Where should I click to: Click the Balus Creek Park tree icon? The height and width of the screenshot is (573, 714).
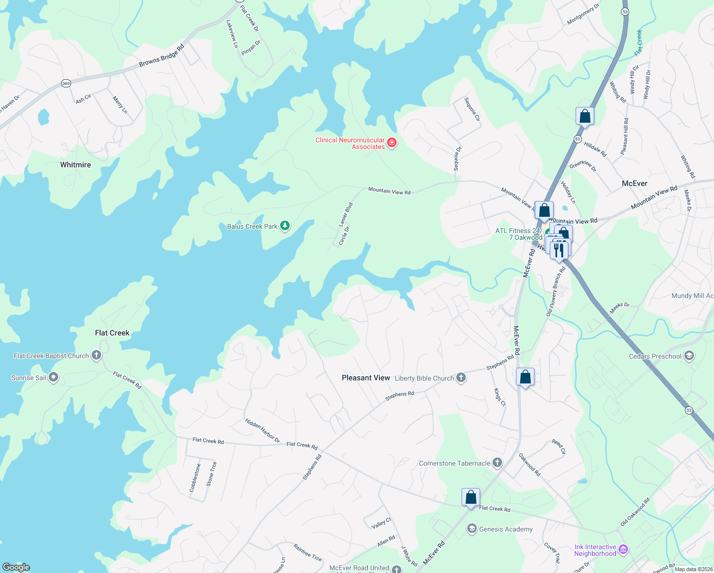285,226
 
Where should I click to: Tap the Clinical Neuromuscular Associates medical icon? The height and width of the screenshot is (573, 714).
392,143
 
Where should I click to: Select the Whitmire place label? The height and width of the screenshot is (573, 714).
75,165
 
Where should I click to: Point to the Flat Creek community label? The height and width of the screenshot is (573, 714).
112,333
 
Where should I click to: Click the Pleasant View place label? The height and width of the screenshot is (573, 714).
366,378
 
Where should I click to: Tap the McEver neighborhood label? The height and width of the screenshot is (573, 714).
635,183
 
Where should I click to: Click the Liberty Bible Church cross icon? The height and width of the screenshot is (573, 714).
461,378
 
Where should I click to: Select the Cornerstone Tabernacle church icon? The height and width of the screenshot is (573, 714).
497,463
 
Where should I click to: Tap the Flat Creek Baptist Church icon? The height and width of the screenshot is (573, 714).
96,355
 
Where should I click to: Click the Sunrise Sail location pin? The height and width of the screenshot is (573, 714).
53,377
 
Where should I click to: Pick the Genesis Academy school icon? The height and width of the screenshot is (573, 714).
472,529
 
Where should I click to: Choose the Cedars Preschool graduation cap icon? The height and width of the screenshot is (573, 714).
689,356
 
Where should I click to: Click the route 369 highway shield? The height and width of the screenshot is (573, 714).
66,84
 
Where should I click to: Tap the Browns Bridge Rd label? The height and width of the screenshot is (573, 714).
161,56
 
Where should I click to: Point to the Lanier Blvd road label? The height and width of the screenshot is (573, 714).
346,214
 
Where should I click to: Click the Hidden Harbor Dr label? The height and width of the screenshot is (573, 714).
262,431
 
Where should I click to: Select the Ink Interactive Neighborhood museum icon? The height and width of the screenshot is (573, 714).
623,550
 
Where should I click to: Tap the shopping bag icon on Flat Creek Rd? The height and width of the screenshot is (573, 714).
471,498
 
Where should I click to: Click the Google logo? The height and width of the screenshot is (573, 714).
16,567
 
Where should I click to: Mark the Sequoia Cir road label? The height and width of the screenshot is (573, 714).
472,109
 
